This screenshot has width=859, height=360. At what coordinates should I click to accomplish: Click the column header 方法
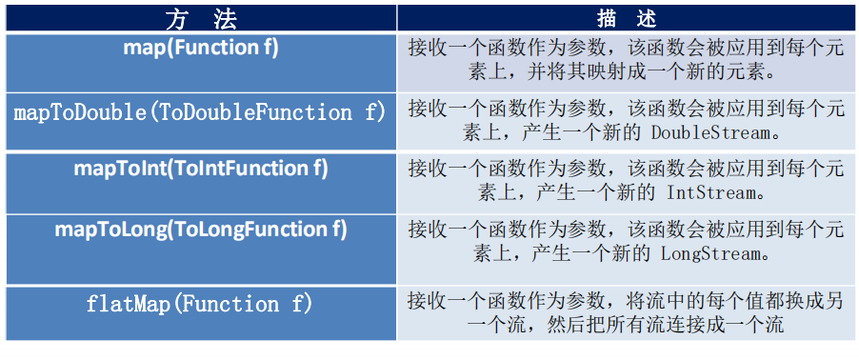(x=200, y=18)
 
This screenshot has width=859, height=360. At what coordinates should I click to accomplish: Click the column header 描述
(x=626, y=18)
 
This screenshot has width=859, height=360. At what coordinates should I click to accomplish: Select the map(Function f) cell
(x=200, y=49)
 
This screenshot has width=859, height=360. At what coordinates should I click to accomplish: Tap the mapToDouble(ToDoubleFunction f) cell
(x=200, y=112)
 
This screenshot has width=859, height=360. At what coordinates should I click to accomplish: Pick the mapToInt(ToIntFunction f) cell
(x=200, y=170)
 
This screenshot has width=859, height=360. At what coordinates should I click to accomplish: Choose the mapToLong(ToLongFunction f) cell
(x=200, y=230)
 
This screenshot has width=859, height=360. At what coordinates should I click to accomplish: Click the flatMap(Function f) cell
(x=200, y=305)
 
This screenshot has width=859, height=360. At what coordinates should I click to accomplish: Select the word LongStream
(x=702, y=253)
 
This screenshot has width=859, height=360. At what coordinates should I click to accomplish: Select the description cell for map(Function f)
(x=626, y=60)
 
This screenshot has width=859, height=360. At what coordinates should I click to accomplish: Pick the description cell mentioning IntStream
(x=626, y=181)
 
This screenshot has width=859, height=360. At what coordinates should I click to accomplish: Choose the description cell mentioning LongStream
(x=626, y=242)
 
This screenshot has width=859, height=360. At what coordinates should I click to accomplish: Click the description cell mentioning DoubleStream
(x=626, y=121)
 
